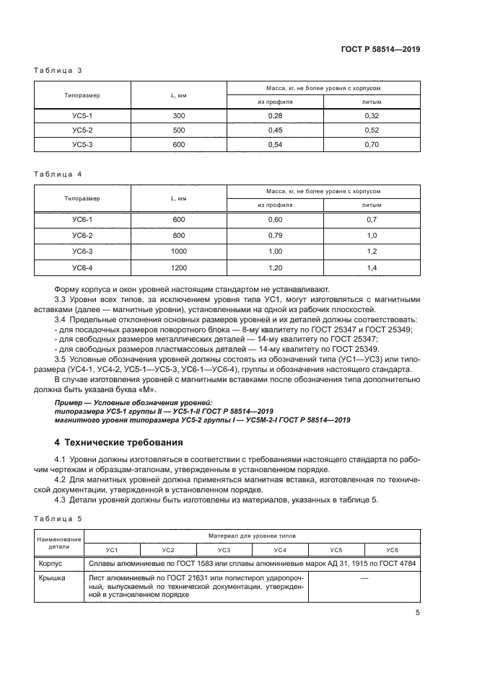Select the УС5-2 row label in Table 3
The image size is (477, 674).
coord(82,130)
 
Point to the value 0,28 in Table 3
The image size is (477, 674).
coord(275,116)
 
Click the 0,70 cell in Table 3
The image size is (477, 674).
coord(372,144)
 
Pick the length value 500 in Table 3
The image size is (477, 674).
coord(179,130)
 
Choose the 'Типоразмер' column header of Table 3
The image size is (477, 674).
coord(82,95)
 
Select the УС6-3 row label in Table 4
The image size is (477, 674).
coord(82,251)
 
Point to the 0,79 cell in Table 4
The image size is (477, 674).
coord(275,235)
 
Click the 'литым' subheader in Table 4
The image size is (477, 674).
coord(372,205)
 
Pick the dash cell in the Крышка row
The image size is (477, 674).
coord(364,578)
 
